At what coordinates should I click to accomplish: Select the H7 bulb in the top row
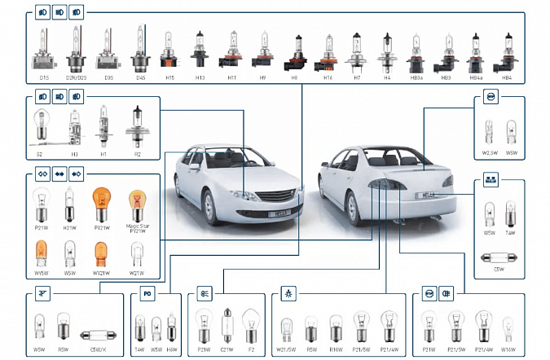point(357,50)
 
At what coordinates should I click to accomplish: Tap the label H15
point(169,78)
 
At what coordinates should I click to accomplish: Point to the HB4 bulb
point(508,50)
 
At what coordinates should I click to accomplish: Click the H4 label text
point(387,78)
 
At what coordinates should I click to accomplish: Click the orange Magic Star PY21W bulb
point(137,204)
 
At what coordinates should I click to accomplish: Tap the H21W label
point(70,228)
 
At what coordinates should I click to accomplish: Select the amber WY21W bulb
point(102,255)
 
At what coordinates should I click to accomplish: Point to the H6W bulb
point(170,330)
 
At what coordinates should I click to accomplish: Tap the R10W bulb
point(337,329)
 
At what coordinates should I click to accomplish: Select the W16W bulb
point(507,330)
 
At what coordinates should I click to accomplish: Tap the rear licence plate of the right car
point(428,196)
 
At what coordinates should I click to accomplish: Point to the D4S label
point(140,78)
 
